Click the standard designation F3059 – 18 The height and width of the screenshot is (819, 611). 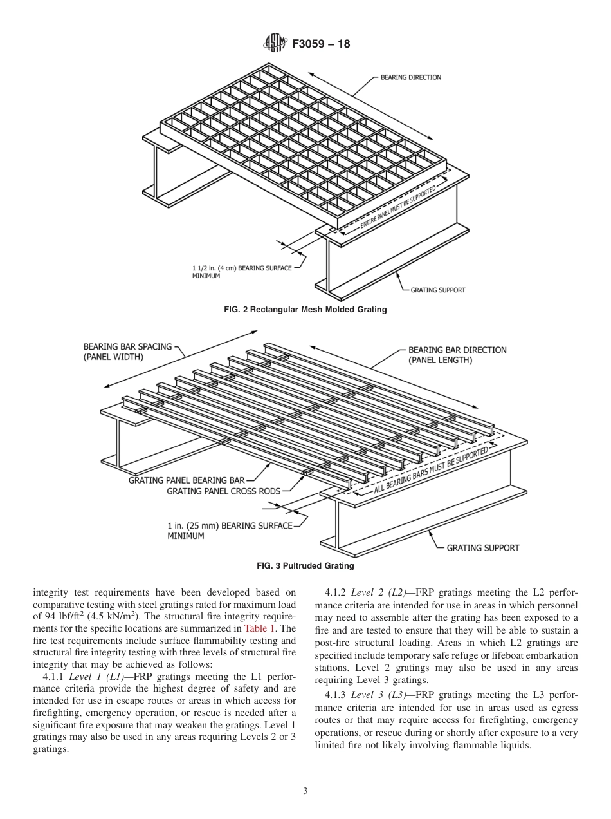[321, 44]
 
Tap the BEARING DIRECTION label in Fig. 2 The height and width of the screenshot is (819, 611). [410, 78]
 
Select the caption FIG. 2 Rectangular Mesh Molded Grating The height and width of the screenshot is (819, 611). [305, 310]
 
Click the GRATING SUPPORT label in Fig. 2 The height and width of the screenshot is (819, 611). [437, 290]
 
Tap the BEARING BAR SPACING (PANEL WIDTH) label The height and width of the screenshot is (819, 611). [127, 351]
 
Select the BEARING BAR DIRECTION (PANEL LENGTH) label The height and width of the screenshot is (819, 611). [457, 355]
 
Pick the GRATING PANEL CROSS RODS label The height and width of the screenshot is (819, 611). [223, 491]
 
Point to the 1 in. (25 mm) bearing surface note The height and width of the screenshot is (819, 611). [230, 531]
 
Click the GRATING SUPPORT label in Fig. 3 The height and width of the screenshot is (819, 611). [482, 548]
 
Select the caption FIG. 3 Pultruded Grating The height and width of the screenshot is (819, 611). [305, 566]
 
